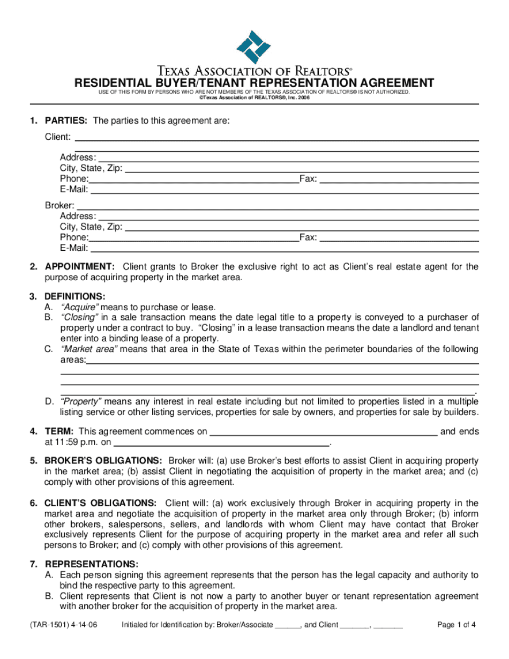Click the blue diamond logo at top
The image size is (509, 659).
pyautogui.click(x=253, y=47)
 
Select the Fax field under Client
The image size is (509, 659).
pyautogui.click(x=399, y=179)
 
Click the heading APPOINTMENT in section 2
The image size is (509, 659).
pyautogui.click(x=79, y=267)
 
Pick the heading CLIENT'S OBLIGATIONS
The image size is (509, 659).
pyautogui.click(x=101, y=503)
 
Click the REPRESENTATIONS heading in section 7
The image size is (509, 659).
pyautogui.click(x=92, y=564)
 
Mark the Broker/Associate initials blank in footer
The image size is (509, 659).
pyautogui.click(x=287, y=625)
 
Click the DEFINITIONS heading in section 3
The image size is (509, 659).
pyautogui.click(x=75, y=296)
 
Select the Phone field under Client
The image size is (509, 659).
pyautogui.click(x=193, y=179)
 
